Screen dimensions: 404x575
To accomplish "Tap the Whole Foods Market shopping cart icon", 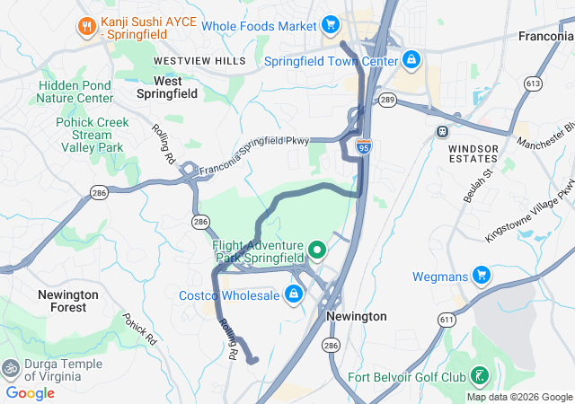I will (331, 24).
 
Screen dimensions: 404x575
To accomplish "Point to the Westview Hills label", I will (199, 60).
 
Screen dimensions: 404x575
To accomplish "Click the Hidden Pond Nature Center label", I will (75, 92).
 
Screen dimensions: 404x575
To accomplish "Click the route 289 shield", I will (387, 100).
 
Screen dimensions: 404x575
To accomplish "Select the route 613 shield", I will (534, 83).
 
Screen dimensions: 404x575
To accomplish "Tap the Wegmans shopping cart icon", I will (482, 275).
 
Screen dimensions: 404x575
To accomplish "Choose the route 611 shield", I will (447, 319).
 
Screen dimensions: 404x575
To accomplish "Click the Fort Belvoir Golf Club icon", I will (482, 375).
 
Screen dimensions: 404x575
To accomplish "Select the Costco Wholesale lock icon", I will (293, 294).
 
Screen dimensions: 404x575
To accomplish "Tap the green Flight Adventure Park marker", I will (316, 250).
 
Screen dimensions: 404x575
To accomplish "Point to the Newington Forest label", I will (69, 301).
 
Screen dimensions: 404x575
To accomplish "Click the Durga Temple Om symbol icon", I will (12, 368).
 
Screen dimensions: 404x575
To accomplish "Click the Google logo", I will (30, 393).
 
